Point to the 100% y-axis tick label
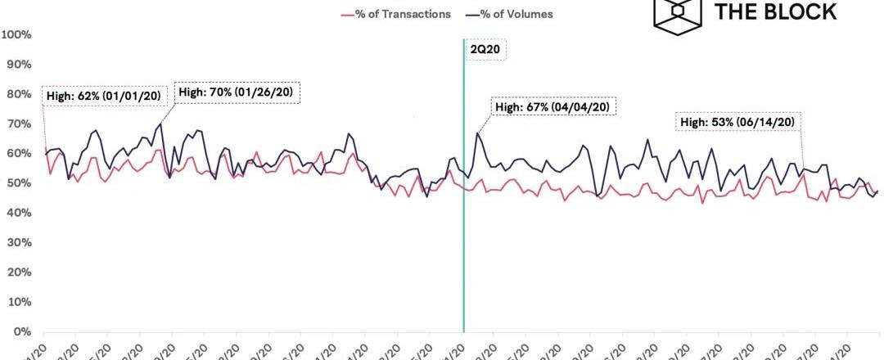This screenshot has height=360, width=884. coord(17,34)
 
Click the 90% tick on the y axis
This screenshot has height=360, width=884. coord(20,64)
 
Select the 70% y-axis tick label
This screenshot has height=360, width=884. coord(20,124)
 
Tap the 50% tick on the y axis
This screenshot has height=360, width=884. coord(20,183)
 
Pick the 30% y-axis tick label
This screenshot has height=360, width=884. coord(20,242)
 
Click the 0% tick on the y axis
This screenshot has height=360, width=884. coord(22,332)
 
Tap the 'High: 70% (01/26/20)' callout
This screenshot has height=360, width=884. coord(236,92)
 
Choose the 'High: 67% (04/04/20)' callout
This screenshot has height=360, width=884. coord(552,107)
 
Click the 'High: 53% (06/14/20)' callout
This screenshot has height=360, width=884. coord(737,122)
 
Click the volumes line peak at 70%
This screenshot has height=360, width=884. coord(160,124)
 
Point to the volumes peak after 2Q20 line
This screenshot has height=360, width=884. coord(477,133)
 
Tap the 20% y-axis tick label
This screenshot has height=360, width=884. coord(20,272)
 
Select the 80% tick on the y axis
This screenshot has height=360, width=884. coord(20,94)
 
